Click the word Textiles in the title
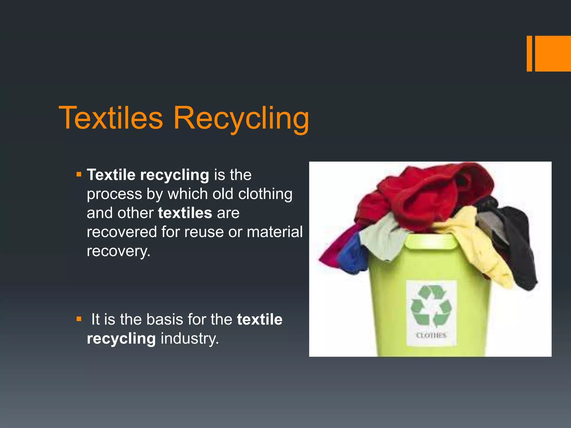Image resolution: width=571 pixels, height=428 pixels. click(111, 118)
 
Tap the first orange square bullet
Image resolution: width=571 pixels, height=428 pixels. click(79, 175)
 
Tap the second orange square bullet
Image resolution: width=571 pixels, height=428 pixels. click(79, 319)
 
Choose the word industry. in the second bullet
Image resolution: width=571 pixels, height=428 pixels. click(190, 339)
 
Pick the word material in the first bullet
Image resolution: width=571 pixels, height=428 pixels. click(275, 232)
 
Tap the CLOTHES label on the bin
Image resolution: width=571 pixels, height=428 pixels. click(431, 335)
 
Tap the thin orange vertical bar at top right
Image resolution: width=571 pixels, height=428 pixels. click(529, 53)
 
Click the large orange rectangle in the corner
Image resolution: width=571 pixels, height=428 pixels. click(553, 53)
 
